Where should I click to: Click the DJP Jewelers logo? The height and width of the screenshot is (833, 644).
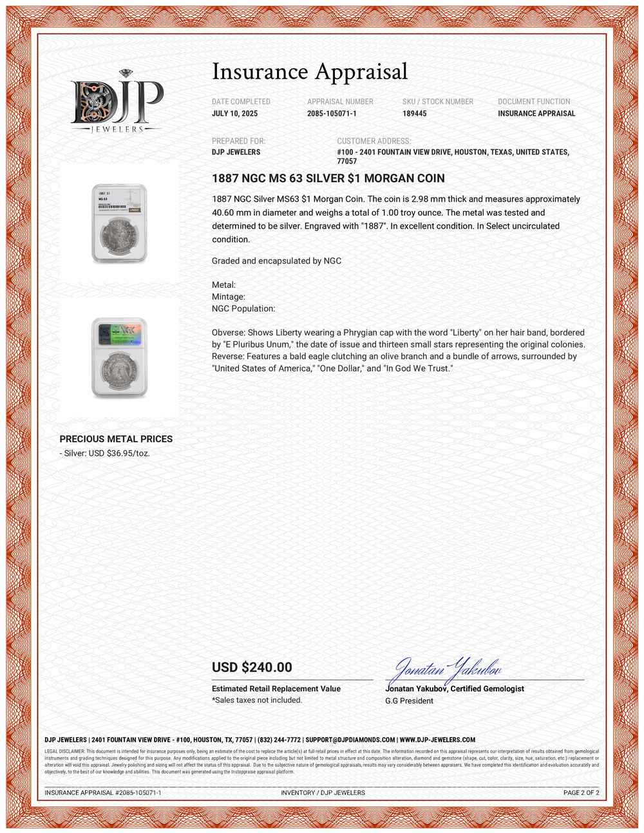[117, 102]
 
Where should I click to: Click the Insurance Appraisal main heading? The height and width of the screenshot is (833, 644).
[310, 71]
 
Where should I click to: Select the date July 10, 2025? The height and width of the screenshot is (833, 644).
[234, 113]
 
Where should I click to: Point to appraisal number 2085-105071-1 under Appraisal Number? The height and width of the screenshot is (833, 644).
[332, 113]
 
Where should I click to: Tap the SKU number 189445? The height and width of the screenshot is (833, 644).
[414, 113]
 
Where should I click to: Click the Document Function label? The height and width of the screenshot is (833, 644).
[534, 102]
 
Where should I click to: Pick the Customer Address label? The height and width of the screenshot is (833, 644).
[374, 141]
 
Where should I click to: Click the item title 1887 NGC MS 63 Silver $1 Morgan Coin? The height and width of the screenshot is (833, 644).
[328, 178]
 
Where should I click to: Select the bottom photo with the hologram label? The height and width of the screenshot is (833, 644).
[119, 357]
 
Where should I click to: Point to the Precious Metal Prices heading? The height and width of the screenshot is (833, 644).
[116, 439]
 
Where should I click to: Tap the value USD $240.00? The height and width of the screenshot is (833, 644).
[252, 668]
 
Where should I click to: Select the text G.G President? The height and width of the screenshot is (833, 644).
[409, 700]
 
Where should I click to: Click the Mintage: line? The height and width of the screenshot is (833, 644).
[229, 297]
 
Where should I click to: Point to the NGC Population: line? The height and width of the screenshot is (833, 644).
[243, 308]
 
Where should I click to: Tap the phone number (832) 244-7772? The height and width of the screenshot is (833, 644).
[279, 740]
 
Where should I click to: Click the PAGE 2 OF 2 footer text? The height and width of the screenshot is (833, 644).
[581, 792]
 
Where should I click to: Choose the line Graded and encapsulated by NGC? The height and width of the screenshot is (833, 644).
[276, 261]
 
